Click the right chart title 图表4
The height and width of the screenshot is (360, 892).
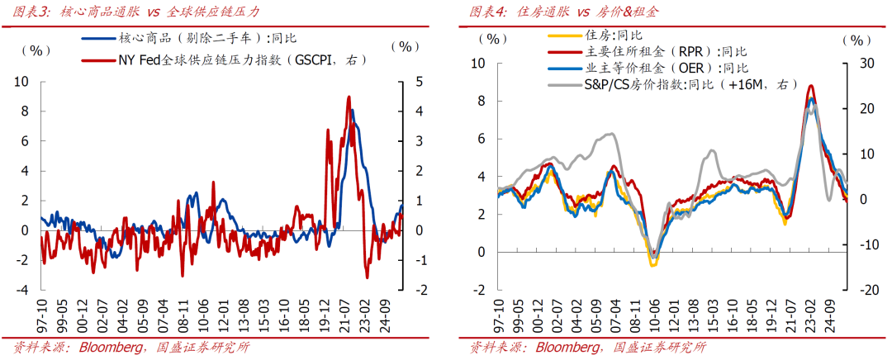[486, 12]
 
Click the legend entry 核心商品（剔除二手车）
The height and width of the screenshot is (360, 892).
[206, 38]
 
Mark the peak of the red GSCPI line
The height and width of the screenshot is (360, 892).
[349, 97]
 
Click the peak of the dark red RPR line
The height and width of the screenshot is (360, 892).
[811, 86]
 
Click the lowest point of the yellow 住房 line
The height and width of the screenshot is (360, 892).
[652, 265]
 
